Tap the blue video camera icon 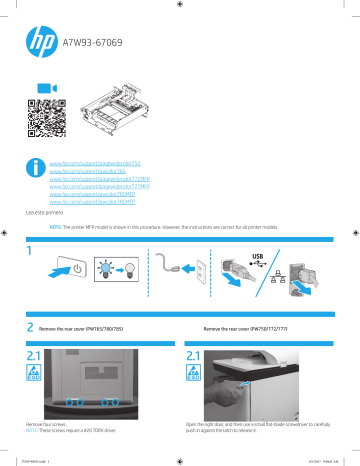point(42,88)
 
